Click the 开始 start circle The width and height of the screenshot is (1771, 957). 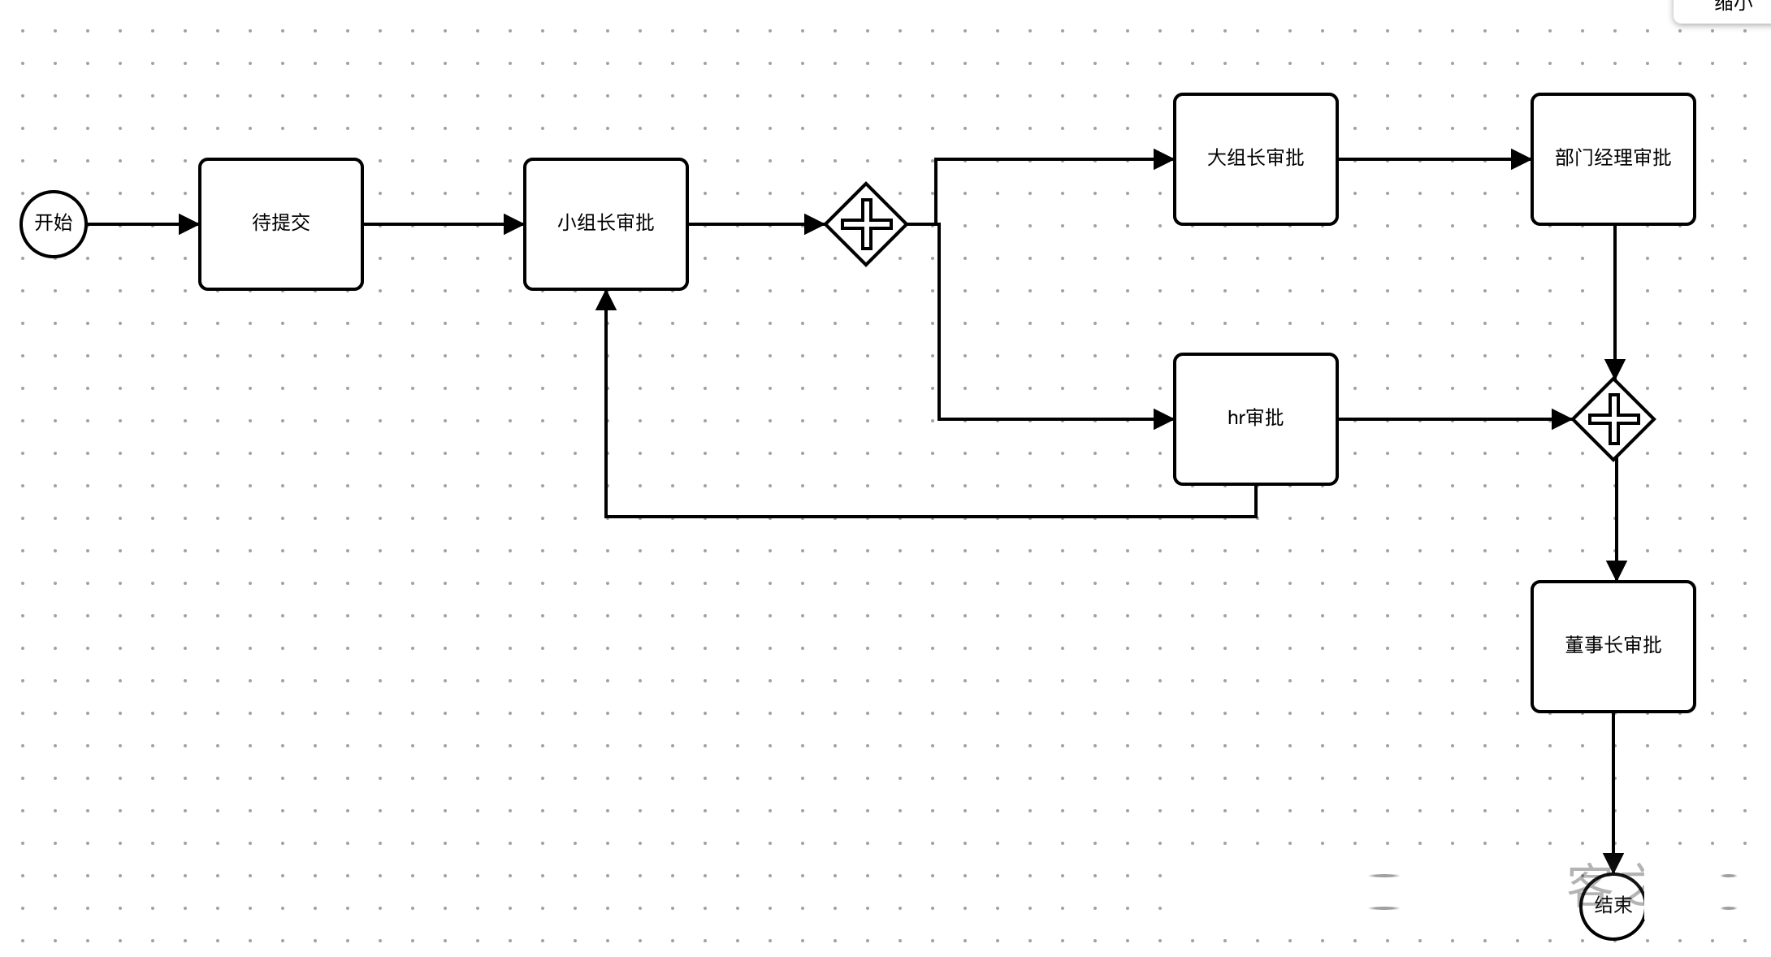click(x=54, y=223)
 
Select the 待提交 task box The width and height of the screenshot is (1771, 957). click(x=281, y=223)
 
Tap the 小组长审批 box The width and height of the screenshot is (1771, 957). click(x=606, y=223)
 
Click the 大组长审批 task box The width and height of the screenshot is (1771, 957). click(x=1255, y=158)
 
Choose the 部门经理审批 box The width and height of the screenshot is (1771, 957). click(x=1613, y=158)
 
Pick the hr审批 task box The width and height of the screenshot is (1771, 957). click(x=1255, y=418)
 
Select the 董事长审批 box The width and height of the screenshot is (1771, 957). click(x=1613, y=646)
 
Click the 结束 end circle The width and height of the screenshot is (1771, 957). click(x=1613, y=906)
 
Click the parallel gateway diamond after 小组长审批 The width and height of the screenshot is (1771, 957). click(x=866, y=223)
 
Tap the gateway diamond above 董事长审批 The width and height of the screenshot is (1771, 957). click(x=1613, y=419)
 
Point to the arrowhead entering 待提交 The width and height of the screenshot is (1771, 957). click(x=188, y=223)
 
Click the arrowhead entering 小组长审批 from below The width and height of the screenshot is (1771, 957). click(x=606, y=301)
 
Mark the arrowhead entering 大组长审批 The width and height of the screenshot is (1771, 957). click(x=1163, y=159)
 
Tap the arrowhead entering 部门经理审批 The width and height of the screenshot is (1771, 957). click(x=1521, y=159)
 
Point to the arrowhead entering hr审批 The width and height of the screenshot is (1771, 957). click(x=1163, y=419)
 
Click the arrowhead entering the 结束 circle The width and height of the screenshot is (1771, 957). click(x=1613, y=863)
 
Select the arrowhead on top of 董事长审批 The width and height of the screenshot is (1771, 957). click(x=1617, y=570)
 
